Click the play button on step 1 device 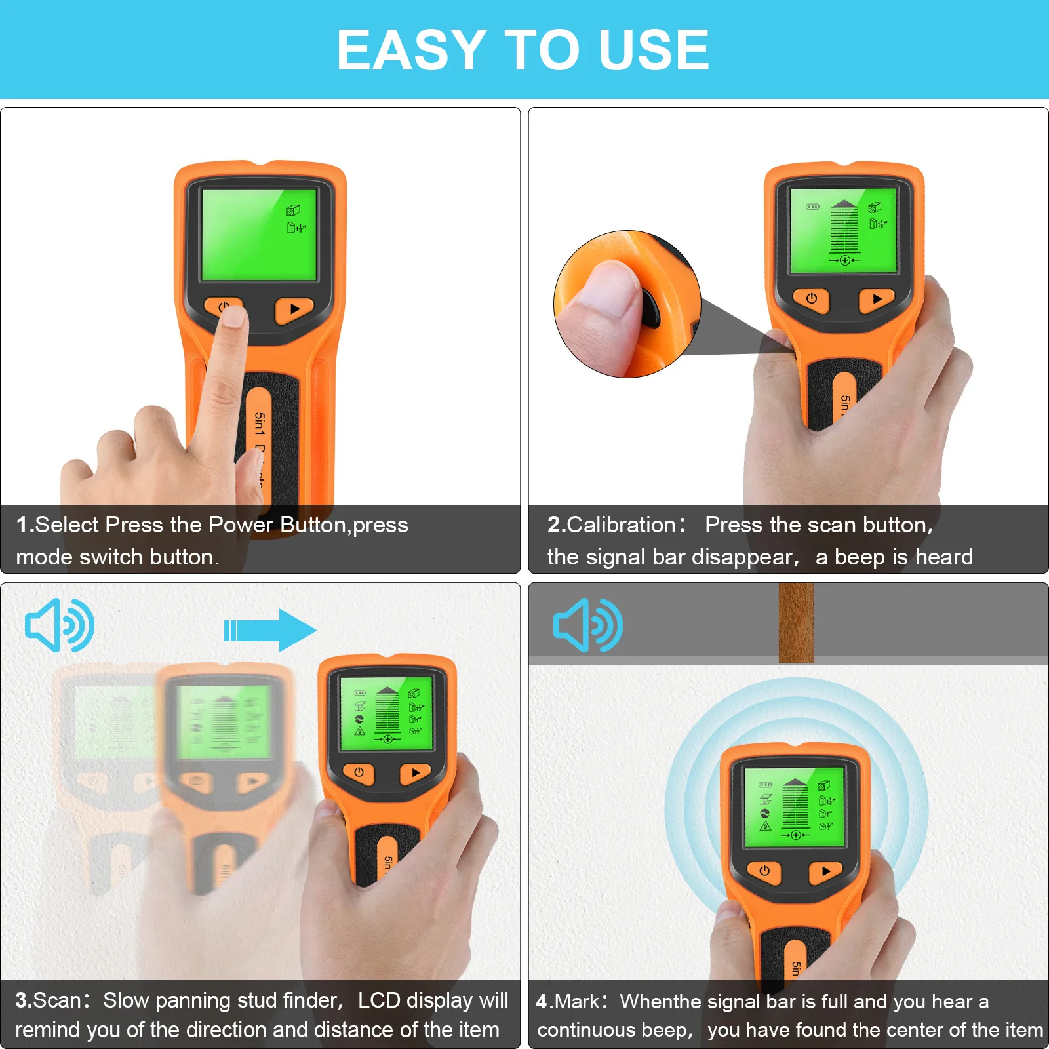pyautogui.click(x=294, y=309)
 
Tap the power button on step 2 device pyautogui.click(x=811, y=299)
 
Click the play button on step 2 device pyautogui.click(x=877, y=299)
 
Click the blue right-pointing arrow pyautogui.click(x=270, y=630)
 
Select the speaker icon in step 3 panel pyautogui.click(x=59, y=625)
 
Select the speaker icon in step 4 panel pyautogui.click(x=587, y=625)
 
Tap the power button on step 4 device pyautogui.click(x=764, y=871)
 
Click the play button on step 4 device pyautogui.click(x=825, y=871)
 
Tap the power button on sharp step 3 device pyautogui.click(x=359, y=773)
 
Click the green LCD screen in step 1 pyautogui.click(x=258, y=235)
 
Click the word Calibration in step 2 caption pyautogui.click(x=620, y=524)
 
